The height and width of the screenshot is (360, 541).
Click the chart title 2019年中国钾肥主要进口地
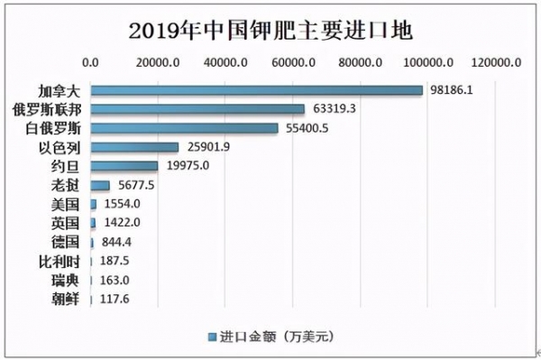(270, 30)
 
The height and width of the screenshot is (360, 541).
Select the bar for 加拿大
(256, 90)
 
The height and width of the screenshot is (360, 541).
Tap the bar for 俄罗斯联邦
(197, 109)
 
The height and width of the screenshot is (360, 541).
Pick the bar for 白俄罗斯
(184, 128)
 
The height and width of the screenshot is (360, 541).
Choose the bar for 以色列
(134, 147)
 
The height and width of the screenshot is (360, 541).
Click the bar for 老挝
(100, 185)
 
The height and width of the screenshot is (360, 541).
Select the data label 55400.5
(307, 128)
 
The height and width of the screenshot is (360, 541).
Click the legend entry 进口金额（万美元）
(270, 337)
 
